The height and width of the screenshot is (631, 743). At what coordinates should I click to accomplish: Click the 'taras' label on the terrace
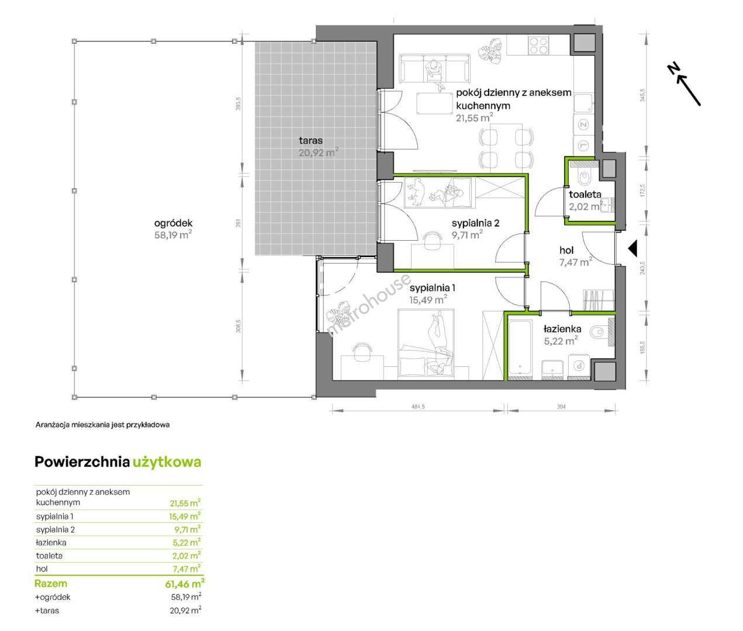tap(310, 140)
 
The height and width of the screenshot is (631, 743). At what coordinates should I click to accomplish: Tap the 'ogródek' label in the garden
tap(173, 223)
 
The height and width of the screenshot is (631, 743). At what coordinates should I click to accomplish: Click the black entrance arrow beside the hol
tap(633, 248)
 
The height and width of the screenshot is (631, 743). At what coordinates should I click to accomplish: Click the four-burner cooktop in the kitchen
tap(538, 45)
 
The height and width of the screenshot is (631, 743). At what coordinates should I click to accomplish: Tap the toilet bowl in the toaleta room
tap(585, 178)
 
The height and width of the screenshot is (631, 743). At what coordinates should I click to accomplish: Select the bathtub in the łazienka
tap(520, 347)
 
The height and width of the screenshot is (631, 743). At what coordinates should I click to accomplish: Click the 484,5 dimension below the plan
tap(418, 407)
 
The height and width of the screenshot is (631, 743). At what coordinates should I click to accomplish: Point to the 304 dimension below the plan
tap(561, 407)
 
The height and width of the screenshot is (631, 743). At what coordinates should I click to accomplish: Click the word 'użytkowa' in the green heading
tap(167, 462)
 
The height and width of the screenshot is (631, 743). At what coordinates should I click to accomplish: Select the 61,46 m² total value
tap(185, 584)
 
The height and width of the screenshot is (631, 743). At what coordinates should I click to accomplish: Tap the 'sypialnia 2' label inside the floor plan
tap(476, 223)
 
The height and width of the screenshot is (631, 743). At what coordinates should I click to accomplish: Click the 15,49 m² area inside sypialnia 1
tap(428, 300)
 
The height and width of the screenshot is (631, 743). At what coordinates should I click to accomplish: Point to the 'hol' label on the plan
tap(566, 250)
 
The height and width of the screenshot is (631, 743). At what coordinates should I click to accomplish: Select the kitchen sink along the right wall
tap(583, 104)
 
